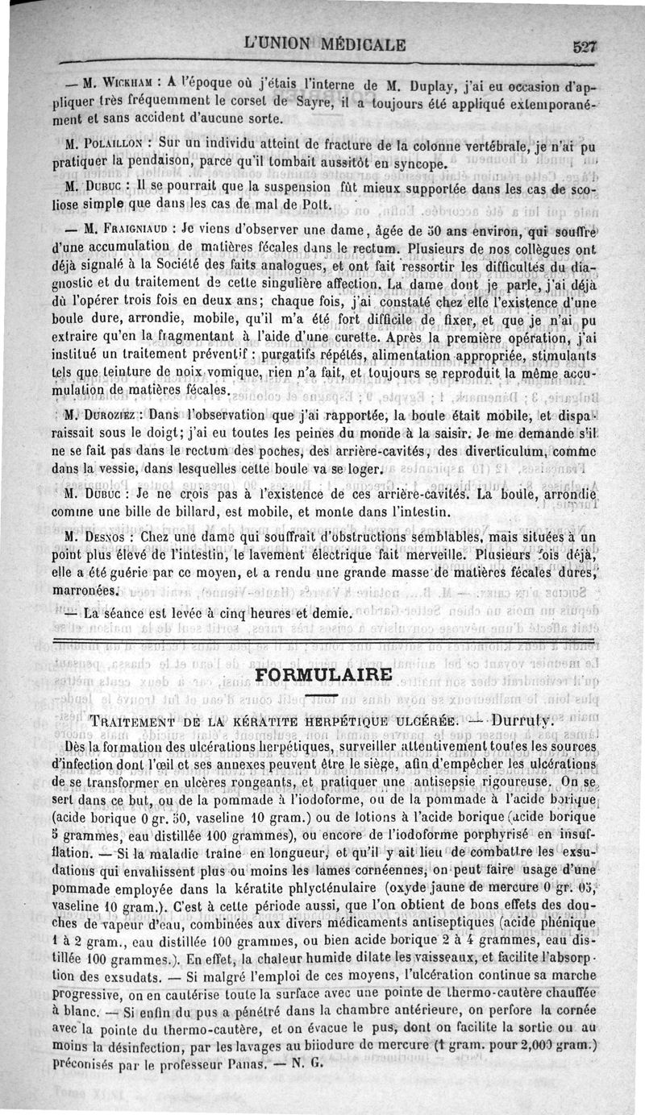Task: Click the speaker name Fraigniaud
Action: [126, 228]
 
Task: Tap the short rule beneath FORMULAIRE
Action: [323, 693]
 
